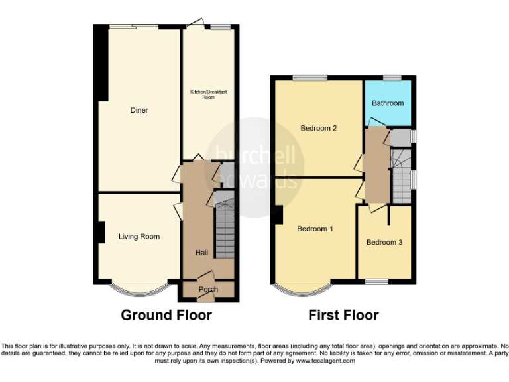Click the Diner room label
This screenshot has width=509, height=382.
(139, 110)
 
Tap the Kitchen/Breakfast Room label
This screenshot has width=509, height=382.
(208, 94)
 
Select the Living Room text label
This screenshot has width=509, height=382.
(139, 237)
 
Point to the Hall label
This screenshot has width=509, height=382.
(201, 253)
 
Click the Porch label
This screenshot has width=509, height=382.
(208, 289)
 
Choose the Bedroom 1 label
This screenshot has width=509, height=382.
(315, 229)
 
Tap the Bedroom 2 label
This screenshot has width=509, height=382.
(319, 128)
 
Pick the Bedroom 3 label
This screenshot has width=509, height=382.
(384, 243)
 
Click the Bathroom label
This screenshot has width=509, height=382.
(388, 103)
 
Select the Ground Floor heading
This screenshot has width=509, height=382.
(166, 315)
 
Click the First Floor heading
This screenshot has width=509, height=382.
(343, 315)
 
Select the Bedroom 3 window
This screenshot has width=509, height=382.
(377, 282)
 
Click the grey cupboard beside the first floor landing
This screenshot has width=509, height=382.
(400, 137)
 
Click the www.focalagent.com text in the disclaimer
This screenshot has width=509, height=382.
(325, 361)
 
